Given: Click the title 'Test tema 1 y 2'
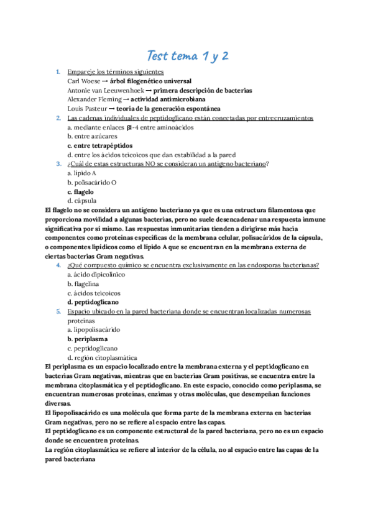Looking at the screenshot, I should (187, 56).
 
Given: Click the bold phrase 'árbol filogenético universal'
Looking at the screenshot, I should (150, 81).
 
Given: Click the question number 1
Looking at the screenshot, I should (58, 72).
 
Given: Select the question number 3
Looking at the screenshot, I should (58, 164).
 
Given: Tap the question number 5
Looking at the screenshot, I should (58, 311).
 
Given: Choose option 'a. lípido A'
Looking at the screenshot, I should (82, 173).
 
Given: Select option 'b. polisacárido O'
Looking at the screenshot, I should (92, 183).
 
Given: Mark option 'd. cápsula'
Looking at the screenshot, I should (82, 201).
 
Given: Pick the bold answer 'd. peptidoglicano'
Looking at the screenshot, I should (93, 302).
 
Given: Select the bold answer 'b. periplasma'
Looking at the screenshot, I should (88, 339).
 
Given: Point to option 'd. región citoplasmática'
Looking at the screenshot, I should (103, 357).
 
